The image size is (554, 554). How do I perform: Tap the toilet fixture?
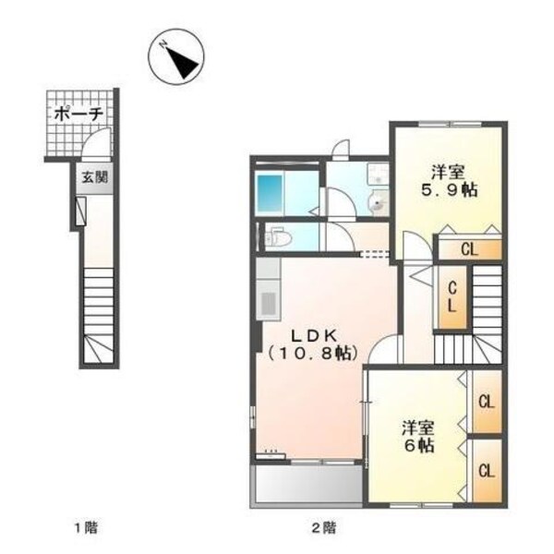[278, 239]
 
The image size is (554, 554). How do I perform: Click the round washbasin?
[378, 204]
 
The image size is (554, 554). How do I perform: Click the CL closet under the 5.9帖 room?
[469, 247]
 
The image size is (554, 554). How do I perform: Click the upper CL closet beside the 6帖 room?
[485, 402]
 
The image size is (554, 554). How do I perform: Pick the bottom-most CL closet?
[485, 469]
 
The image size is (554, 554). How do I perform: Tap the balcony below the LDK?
[307, 482]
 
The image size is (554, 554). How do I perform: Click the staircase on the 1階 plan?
[98, 314]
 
